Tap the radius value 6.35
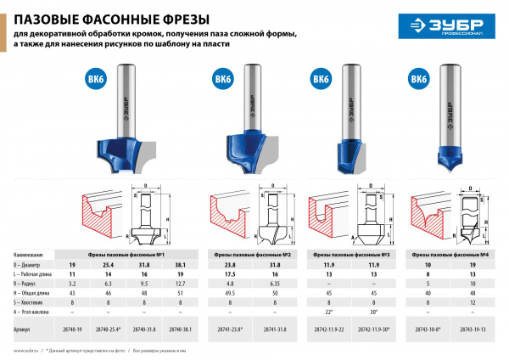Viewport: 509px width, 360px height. (x=276, y=284)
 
